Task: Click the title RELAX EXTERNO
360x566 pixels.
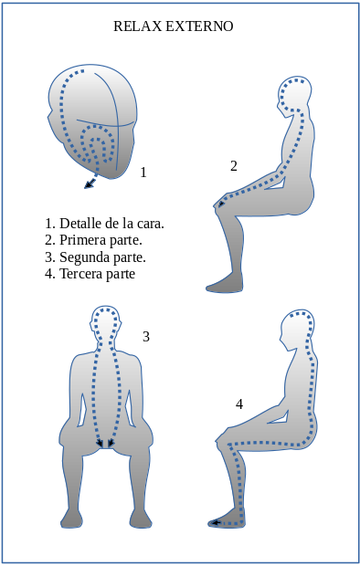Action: pos(173,26)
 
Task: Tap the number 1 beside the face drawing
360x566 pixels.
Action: pos(143,172)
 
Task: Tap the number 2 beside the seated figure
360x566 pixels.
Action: pos(234,166)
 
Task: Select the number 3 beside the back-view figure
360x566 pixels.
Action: pos(146,336)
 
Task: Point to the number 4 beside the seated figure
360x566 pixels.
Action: pos(239,404)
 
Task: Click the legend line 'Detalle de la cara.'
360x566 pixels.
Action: pos(104,223)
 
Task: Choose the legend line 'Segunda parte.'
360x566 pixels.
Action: pos(95,257)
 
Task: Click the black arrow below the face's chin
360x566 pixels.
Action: pos(90,185)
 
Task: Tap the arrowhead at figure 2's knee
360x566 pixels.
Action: pos(220,204)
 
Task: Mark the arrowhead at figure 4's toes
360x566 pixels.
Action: pos(214,523)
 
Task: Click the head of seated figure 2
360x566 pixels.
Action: pos(295,92)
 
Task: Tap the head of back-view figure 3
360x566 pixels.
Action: pos(106,320)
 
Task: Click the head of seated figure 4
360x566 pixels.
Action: pos(298,329)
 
